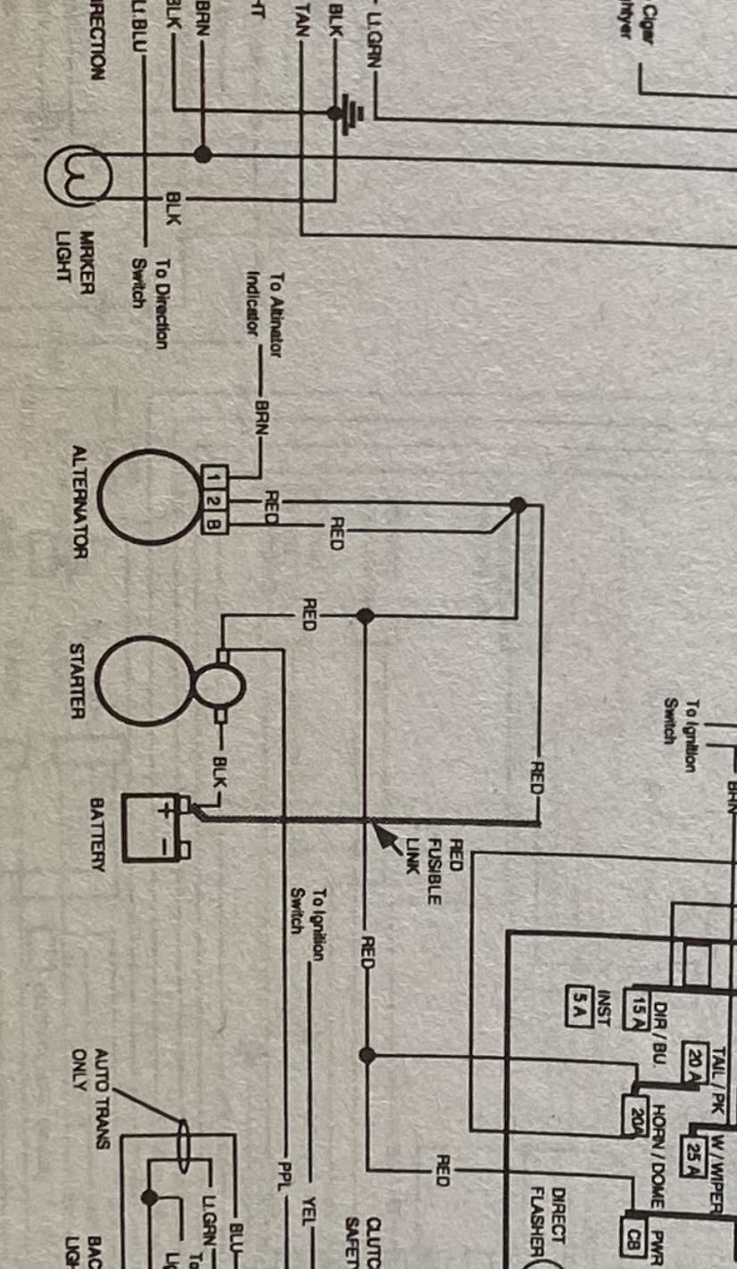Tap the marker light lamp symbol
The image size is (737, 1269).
tap(79, 175)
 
